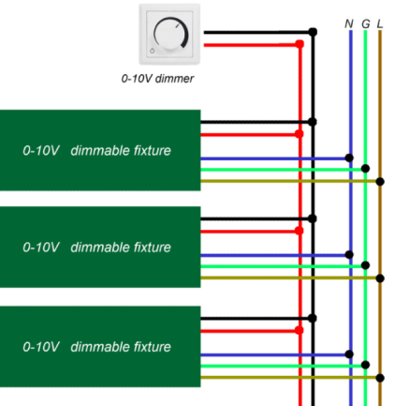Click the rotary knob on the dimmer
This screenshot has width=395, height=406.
click(170, 35)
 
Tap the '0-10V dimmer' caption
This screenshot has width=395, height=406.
click(157, 79)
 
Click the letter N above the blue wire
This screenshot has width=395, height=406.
click(349, 23)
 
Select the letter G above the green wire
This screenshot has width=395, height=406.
click(366, 23)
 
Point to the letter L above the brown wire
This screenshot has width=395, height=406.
click(380, 23)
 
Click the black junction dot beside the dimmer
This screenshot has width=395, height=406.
click(313, 32)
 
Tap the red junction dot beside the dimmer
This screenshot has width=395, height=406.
click(300, 44)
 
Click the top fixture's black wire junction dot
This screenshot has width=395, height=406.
click(313, 122)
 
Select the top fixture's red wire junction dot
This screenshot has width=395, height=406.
click(300, 134)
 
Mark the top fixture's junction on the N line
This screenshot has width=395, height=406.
click(349, 158)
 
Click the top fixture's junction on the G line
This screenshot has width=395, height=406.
click(365, 169)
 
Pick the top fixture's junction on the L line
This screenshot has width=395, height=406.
click(380, 181)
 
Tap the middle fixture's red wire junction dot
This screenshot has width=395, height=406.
click(300, 231)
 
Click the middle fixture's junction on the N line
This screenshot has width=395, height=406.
click(349, 255)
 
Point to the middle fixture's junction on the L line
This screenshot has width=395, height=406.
click(380, 278)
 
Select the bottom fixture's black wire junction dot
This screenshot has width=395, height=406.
click(313, 318)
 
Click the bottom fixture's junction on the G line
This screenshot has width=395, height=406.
click(365, 365)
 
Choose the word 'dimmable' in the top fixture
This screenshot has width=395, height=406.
click(100, 151)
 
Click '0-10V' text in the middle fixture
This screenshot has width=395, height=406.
click(41, 248)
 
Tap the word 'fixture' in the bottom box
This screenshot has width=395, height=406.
click(153, 347)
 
